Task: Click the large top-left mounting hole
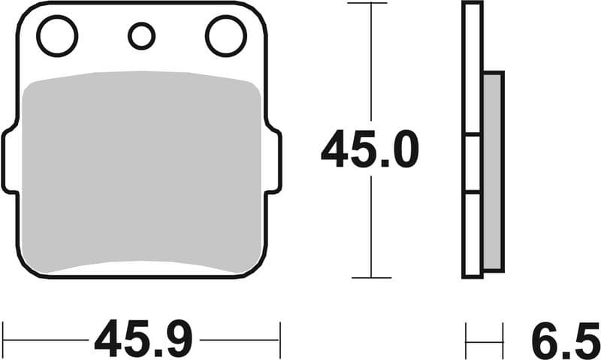(57, 36)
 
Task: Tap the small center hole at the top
(141, 35)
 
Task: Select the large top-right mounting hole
(225, 36)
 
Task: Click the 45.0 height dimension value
(369, 151)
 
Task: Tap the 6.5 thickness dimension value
(566, 340)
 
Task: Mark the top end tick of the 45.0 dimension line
(371, 4)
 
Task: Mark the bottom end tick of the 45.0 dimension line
(371, 277)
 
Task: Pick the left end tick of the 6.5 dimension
(466, 340)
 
